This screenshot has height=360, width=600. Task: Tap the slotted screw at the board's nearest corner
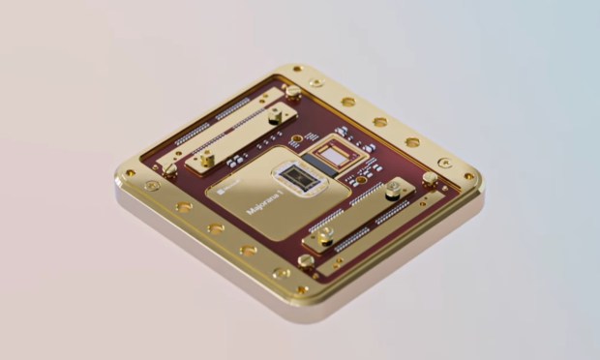click(306, 259)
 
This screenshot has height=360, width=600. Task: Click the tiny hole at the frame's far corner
click(297, 69)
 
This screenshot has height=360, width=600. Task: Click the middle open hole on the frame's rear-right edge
click(380, 122)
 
